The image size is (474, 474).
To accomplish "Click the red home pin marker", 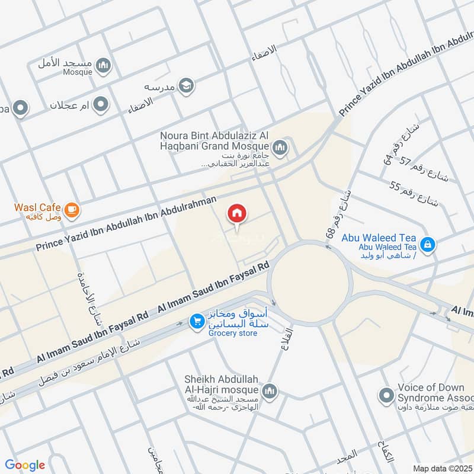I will tap(238, 213).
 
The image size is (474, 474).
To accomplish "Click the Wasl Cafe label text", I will tap(39, 208).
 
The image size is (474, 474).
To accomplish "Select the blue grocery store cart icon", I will tap(196, 321).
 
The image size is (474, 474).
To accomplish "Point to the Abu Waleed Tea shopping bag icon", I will tap(427, 243).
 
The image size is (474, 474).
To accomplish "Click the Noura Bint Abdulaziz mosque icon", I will tap(280, 146).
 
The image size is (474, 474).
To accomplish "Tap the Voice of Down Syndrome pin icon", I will tap(387, 394).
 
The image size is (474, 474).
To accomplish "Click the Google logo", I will tap(24, 465).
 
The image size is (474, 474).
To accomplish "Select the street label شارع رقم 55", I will tap(414, 195).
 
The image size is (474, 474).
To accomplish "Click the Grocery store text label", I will tap(233, 334).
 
